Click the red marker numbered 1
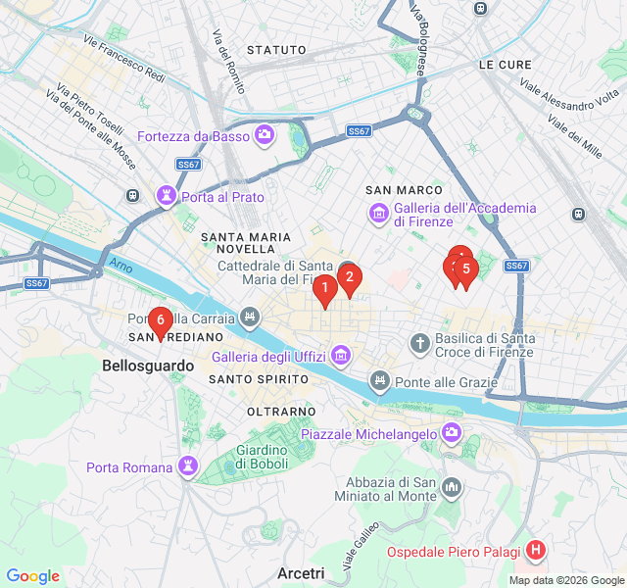324,289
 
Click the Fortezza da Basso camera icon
264,135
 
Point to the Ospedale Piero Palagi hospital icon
535,552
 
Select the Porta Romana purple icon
187,465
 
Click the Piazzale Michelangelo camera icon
451,432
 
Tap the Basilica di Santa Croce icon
419,343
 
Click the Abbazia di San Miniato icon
452,487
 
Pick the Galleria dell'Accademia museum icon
378,213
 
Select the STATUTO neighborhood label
275,49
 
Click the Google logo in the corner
32,576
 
